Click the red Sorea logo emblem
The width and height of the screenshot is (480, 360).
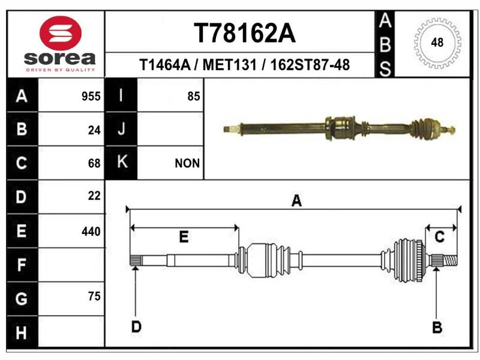(x=61, y=33)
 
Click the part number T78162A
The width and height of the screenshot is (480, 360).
(x=245, y=33)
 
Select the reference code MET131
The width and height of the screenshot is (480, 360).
(x=230, y=65)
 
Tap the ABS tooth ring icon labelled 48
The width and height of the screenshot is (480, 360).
(x=437, y=42)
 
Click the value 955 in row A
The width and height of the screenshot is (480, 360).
(x=91, y=97)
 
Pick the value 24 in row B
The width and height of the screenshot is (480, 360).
(x=94, y=130)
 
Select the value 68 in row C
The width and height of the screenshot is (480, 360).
(x=94, y=163)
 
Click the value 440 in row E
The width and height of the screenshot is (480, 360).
(x=91, y=232)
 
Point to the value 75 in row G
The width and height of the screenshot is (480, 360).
(x=94, y=296)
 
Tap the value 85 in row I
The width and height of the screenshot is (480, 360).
(x=194, y=97)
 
